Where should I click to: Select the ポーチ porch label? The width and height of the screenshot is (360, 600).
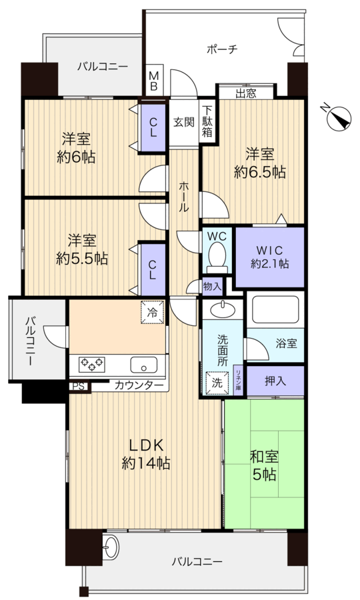pos(222,49)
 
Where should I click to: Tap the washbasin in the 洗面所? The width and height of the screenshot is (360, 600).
pos(222,309)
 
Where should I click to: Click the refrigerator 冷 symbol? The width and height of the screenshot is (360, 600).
pos(153,311)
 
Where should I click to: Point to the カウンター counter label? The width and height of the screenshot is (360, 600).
pos(139,385)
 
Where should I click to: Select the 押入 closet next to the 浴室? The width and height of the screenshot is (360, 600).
pos(275,381)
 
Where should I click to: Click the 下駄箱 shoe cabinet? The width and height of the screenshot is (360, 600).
pos(208,121)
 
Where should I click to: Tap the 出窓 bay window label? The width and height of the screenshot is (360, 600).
pos(245,93)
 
